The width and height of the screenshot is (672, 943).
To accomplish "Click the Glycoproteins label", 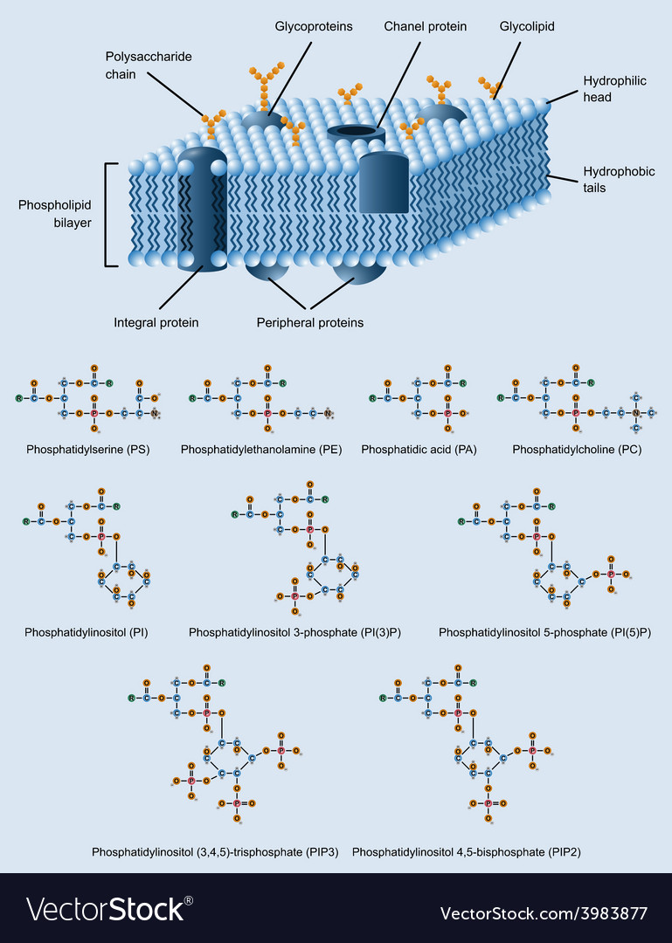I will click(314, 26).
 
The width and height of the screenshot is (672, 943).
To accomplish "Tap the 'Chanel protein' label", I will click(426, 26).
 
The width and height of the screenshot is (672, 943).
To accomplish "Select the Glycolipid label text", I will click(527, 26).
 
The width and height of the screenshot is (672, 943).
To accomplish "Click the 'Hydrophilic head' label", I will click(614, 89).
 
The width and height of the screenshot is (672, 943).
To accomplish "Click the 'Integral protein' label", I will click(156, 322).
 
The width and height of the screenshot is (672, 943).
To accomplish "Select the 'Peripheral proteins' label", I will click(309, 322).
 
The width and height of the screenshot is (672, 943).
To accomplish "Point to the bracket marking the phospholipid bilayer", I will click(107, 214).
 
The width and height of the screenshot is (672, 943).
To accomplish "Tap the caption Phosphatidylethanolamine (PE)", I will click(261, 449).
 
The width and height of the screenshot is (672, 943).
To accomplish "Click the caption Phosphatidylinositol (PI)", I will click(86, 631).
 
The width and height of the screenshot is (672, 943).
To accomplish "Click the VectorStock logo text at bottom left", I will click(109, 910).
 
